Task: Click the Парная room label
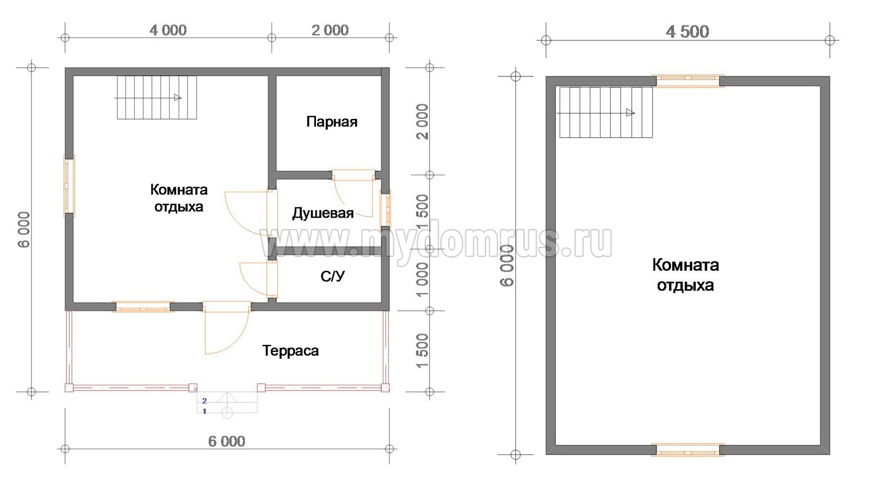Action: pyautogui.click(x=332, y=122)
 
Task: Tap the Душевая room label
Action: pyautogui.click(x=323, y=213)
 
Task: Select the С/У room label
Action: pyautogui.click(x=332, y=276)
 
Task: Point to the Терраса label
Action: pyautogui.click(x=291, y=351)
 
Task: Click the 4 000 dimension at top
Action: pyautogui.click(x=168, y=30)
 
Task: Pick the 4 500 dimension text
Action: pyautogui.click(x=687, y=32)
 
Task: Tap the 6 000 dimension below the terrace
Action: pyautogui.click(x=227, y=441)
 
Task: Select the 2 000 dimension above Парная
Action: pyautogui.click(x=330, y=30)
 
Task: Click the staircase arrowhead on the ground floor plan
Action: pyautogui.click(x=178, y=97)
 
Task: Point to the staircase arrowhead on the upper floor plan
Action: pyautogui.click(x=630, y=113)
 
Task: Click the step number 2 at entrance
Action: pyautogui.click(x=204, y=401)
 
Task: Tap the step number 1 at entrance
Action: pyautogui.click(x=204, y=411)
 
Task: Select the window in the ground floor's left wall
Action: pyautogui.click(x=69, y=186)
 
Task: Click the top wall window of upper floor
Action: pyautogui.click(x=688, y=81)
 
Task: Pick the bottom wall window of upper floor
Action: pyautogui.click(x=688, y=450)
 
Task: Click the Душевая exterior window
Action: pyautogui.click(x=385, y=210)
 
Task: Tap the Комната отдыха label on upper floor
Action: pyautogui.click(x=686, y=275)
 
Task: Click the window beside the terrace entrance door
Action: pyautogui.click(x=142, y=307)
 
